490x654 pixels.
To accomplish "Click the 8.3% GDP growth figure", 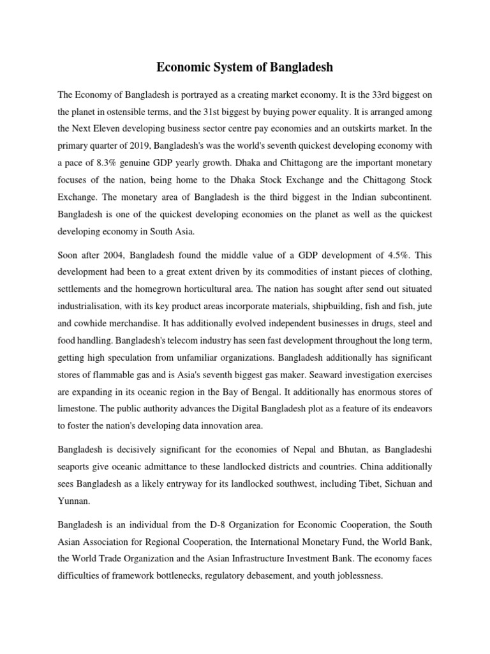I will tap(102, 160).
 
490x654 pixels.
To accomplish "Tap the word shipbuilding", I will tap(308, 305).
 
